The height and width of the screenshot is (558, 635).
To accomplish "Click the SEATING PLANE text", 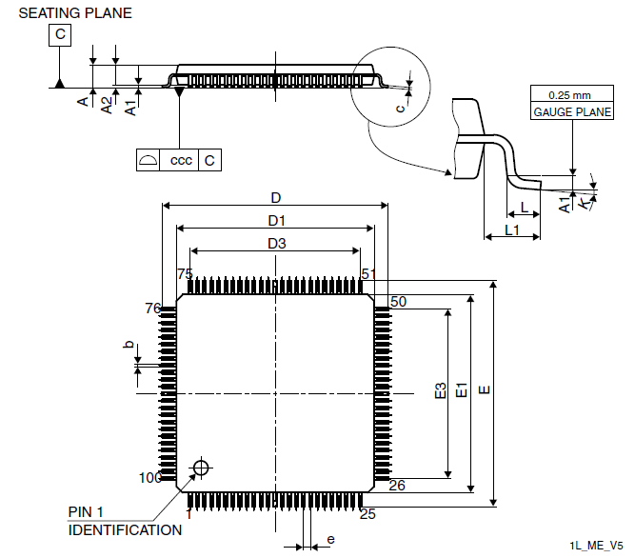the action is (x=75, y=13).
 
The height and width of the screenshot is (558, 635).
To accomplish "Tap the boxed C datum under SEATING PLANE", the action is (x=60, y=35).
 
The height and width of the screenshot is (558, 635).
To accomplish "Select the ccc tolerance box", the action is (x=179, y=160).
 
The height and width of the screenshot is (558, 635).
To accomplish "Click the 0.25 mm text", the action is (x=569, y=95).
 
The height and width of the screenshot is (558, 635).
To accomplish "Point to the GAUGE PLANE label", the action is (x=572, y=111).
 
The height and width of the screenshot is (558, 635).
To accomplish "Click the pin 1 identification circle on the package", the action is (x=201, y=468).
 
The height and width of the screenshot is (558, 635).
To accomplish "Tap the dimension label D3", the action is (x=277, y=244).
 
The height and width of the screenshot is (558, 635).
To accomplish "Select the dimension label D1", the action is (x=277, y=221).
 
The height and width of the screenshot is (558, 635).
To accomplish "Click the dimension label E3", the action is (x=440, y=390).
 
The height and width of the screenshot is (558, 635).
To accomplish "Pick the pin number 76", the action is (x=153, y=309).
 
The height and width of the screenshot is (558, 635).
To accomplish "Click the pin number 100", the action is (x=150, y=478).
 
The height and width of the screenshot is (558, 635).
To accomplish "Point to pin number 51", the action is (x=368, y=274).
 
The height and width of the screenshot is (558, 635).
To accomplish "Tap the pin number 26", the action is (x=397, y=485).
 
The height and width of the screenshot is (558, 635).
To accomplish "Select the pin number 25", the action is (x=367, y=514).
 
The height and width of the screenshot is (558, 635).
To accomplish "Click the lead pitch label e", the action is (x=331, y=539).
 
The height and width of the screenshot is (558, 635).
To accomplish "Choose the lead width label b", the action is (x=129, y=344).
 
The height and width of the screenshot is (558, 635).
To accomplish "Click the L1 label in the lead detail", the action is (x=512, y=230).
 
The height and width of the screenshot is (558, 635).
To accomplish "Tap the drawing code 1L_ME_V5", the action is (x=596, y=546).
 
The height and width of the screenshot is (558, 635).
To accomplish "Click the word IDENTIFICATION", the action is (x=125, y=530).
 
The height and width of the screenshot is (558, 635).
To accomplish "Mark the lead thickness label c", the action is (x=400, y=109).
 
